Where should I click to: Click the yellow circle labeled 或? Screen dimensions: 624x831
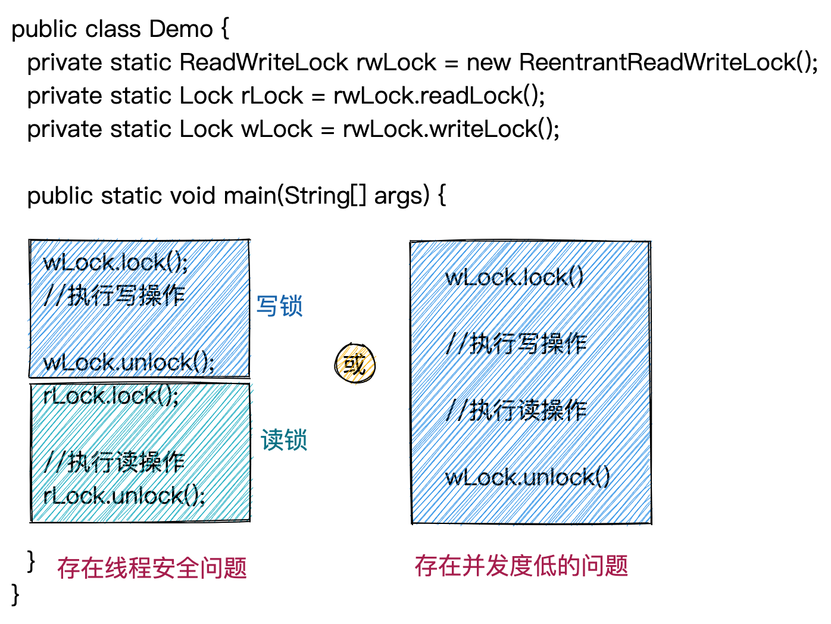(x=355, y=363)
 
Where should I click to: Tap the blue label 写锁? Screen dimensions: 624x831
(x=279, y=306)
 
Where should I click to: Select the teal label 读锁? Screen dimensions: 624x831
(x=283, y=440)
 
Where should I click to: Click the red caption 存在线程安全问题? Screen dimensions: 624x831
(x=152, y=567)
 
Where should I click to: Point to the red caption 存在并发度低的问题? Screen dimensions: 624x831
(x=521, y=565)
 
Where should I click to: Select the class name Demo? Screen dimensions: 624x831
(x=181, y=29)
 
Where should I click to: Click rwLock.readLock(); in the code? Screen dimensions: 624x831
(x=439, y=95)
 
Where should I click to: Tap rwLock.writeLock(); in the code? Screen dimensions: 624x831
(x=451, y=129)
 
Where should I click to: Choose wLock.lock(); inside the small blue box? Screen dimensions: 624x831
(x=115, y=262)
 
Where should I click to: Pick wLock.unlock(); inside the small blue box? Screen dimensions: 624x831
(x=129, y=362)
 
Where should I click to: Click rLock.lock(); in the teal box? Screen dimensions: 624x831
(x=111, y=395)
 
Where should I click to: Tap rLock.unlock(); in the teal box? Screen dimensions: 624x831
(x=124, y=495)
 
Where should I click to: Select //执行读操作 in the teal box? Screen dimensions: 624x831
(x=115, y=462)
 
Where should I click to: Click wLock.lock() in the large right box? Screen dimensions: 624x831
(x=514, y=277)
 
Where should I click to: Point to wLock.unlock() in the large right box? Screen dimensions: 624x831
(x=527, y=476)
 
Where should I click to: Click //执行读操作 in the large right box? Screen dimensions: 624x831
(x=517, y=410)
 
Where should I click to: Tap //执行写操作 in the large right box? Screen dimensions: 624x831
(x=517, y=344)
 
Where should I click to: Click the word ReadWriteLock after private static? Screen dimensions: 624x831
(x=263, y=62)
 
